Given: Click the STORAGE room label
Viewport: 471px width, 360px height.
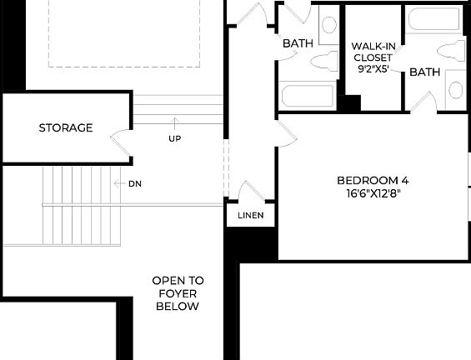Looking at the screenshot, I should pyautogui.click(x=66, y=127).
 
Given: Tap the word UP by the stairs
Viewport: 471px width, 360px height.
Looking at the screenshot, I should pyautogui.click(x=175, y=137).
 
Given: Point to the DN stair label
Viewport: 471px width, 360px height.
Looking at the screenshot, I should pyautogui.click(x=135, y=183).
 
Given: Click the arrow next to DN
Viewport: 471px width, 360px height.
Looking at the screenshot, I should pyautogui.click(x=118, y=183).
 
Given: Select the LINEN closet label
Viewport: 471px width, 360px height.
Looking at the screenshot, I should pyautogui.click(x=251, y=216).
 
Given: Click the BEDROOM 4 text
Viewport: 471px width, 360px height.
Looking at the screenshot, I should pyautogui.click(x=373, y=180).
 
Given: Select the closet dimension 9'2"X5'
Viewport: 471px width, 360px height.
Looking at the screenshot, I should pyautogui.click(x=373, y=71).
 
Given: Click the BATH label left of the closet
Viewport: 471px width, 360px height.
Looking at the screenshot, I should pyautogui.click(x=298, y=43).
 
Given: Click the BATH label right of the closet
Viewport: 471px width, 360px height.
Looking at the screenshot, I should pyautogui.click(x=424, y=72).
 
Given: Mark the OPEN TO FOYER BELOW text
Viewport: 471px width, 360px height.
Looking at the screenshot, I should pyautogui.click(x=178, y=293).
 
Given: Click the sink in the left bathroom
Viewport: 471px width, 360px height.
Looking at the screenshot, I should pyautogui.click(x=328, y=24).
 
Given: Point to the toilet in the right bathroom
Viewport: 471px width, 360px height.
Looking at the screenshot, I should pyautogui.click(x=455, y=50).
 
